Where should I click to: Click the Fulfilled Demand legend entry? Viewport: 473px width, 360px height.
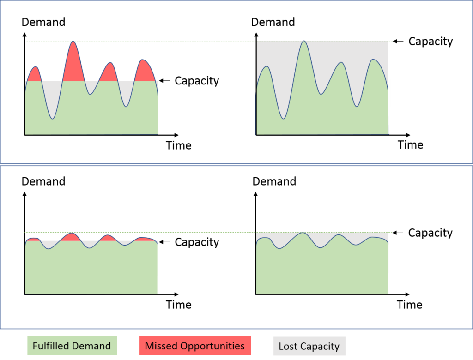pos(72,346)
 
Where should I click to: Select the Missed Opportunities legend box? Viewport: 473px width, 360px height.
pos(194,346)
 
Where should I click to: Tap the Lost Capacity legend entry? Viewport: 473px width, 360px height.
pos(309,346)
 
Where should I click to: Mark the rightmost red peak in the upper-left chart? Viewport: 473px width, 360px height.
pos(145,71)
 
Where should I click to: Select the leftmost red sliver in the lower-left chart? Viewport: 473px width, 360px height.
pos(33,240)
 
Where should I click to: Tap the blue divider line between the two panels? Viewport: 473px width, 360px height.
pos(236,164)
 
